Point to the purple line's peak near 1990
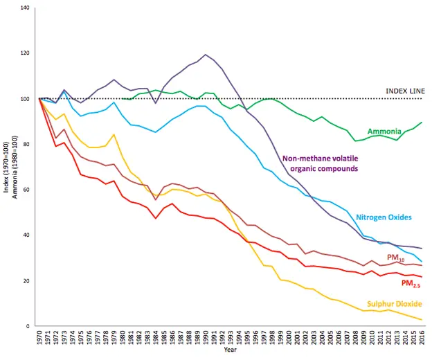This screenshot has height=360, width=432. (x=206, y=55)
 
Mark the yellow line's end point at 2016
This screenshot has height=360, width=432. (x=421, y=320)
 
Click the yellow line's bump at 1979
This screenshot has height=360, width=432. (x=114, y=134)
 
